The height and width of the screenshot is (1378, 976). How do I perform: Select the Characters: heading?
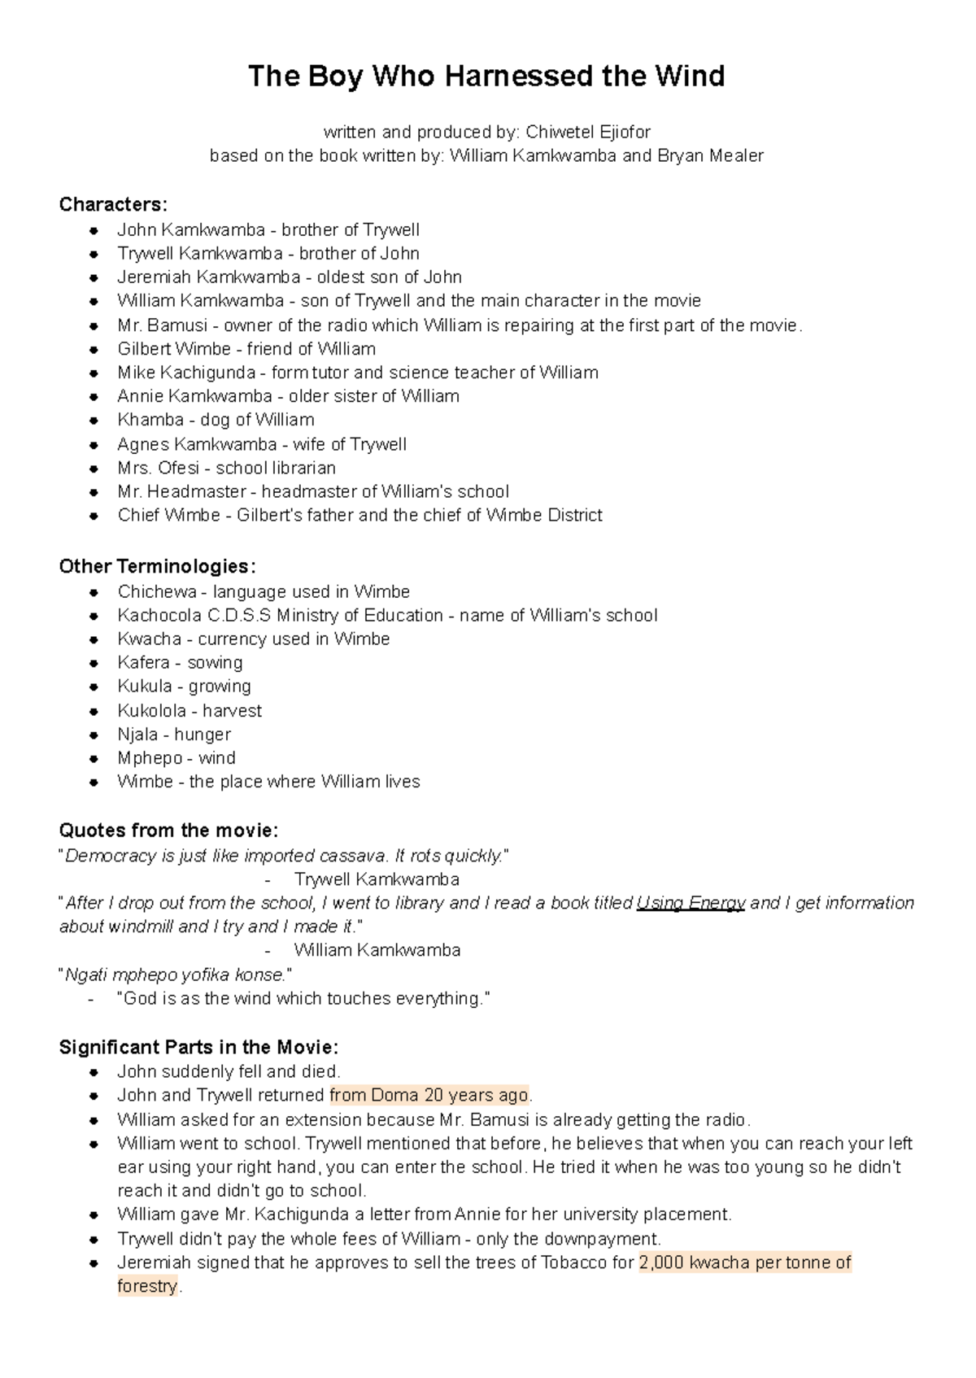(x=113, y=204)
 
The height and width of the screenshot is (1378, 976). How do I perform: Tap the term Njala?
(x=137, y=734)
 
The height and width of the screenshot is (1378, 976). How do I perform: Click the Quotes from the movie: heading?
(x=168, y=831)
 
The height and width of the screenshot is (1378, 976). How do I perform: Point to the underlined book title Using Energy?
(x=691, y=903)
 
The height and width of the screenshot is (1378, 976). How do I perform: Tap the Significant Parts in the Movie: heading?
(x=198, y=1047)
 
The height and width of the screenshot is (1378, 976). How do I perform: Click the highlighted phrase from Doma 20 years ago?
(x=429, y=1095)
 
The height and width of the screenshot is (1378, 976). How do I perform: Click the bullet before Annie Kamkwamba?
(x=95, y=397)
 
